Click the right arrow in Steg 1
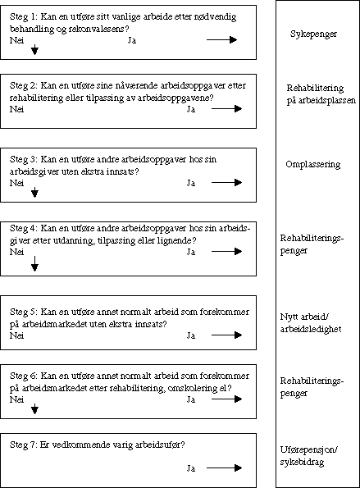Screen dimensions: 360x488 [221, 39]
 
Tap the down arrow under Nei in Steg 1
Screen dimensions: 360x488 [34, 51]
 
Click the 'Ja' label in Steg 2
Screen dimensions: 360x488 [191, 108]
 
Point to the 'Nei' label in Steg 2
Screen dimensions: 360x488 [16, 108]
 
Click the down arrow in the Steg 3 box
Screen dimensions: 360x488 [34, 194]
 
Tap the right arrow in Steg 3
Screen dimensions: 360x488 [225, 183]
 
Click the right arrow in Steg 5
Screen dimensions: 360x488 [225, 335]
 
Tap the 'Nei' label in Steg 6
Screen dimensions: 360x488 [16, 399]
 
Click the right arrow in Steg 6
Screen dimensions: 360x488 [225, 399]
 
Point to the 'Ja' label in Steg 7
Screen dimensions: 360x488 [191, 467]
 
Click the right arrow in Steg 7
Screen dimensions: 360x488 [225, 467]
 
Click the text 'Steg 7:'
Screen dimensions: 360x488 [24, 445]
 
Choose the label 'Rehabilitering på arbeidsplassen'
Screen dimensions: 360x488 [315, 93]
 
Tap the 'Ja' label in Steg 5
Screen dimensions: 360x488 [191, 335]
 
